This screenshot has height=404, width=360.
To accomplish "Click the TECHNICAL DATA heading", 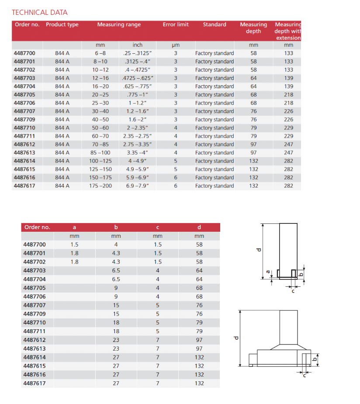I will [39, 12].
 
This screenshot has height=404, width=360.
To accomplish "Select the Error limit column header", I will [176, 24].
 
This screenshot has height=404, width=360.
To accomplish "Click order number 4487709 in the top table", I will [24, 119].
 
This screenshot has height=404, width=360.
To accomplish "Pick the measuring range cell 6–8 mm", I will [100, 53].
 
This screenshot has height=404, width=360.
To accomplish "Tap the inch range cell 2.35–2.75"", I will [138, 136].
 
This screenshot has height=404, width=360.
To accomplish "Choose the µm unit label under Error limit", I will [176, 45].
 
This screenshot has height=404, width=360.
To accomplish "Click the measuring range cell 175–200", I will [100, 186].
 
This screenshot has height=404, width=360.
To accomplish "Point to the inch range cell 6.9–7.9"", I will [138, 186].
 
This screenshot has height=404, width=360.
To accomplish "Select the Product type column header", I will [62, 24].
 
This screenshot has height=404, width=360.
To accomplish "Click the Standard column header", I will [215, 24].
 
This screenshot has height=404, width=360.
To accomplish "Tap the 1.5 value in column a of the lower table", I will [74, 244].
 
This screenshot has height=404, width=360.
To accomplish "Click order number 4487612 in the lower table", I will [34, 340].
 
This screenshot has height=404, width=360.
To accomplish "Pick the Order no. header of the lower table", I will [37, 227].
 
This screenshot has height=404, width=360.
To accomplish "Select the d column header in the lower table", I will [199, 227].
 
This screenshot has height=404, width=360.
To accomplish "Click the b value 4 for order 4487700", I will [116, 244].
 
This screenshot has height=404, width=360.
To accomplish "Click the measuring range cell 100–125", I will [100, 161].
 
